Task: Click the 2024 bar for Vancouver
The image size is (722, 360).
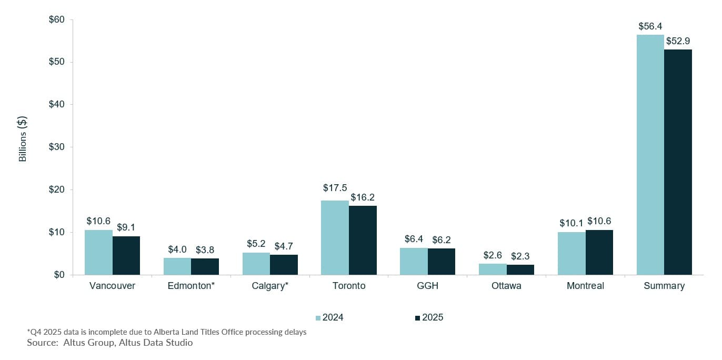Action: (98, 252)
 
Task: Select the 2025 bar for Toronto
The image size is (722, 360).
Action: (363, 240)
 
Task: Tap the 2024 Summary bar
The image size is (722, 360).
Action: (650, 155)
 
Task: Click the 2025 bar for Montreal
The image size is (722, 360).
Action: (599, 252)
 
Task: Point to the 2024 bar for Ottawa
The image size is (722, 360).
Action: (493, 269)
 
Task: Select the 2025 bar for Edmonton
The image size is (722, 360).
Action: (205, 266)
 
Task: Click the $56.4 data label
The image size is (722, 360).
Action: (650, 26)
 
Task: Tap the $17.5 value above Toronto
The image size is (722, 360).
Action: (335, 188)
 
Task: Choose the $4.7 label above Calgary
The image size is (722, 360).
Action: (285, 246)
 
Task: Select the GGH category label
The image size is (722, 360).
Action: (427, 286)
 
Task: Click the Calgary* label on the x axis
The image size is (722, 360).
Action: (270, 286)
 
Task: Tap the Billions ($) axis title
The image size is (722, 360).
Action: (23, 138)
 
